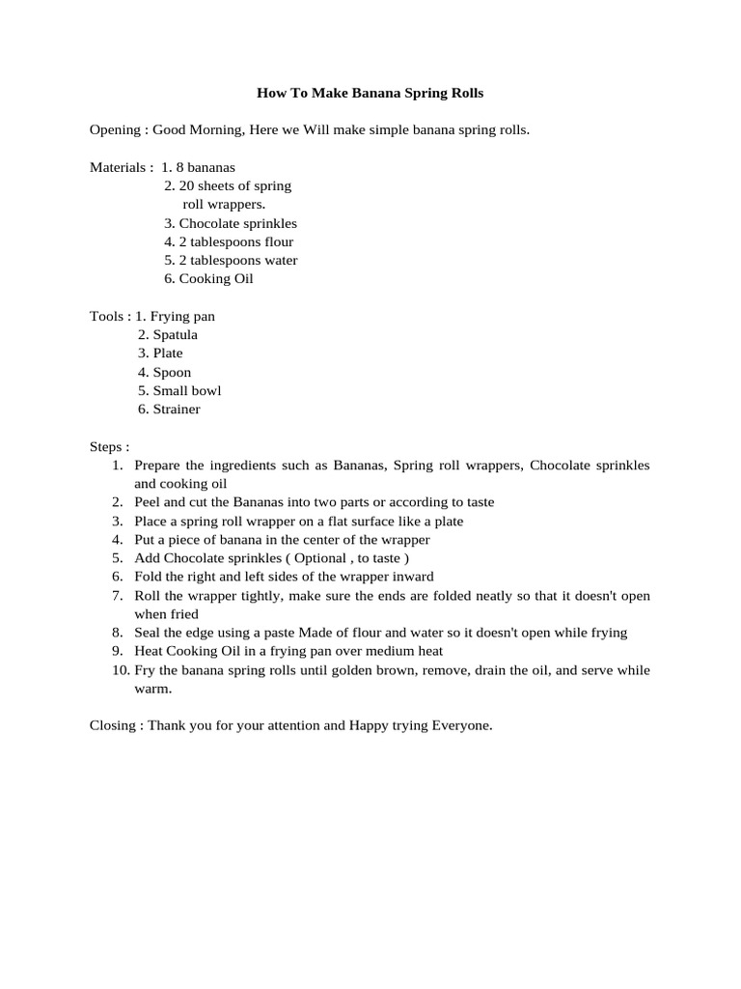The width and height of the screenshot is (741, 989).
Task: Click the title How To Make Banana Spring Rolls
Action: coord(370,94)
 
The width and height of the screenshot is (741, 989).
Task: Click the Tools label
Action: coord(108,316)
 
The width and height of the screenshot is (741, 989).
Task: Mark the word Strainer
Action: coord(177,409)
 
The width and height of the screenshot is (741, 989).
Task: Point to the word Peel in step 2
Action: coord(148,502)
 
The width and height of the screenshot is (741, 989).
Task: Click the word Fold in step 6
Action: coord(149,577)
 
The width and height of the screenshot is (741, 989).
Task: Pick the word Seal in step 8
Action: coord(148,633)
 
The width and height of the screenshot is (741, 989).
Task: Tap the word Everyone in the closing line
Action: coord(462,725)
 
